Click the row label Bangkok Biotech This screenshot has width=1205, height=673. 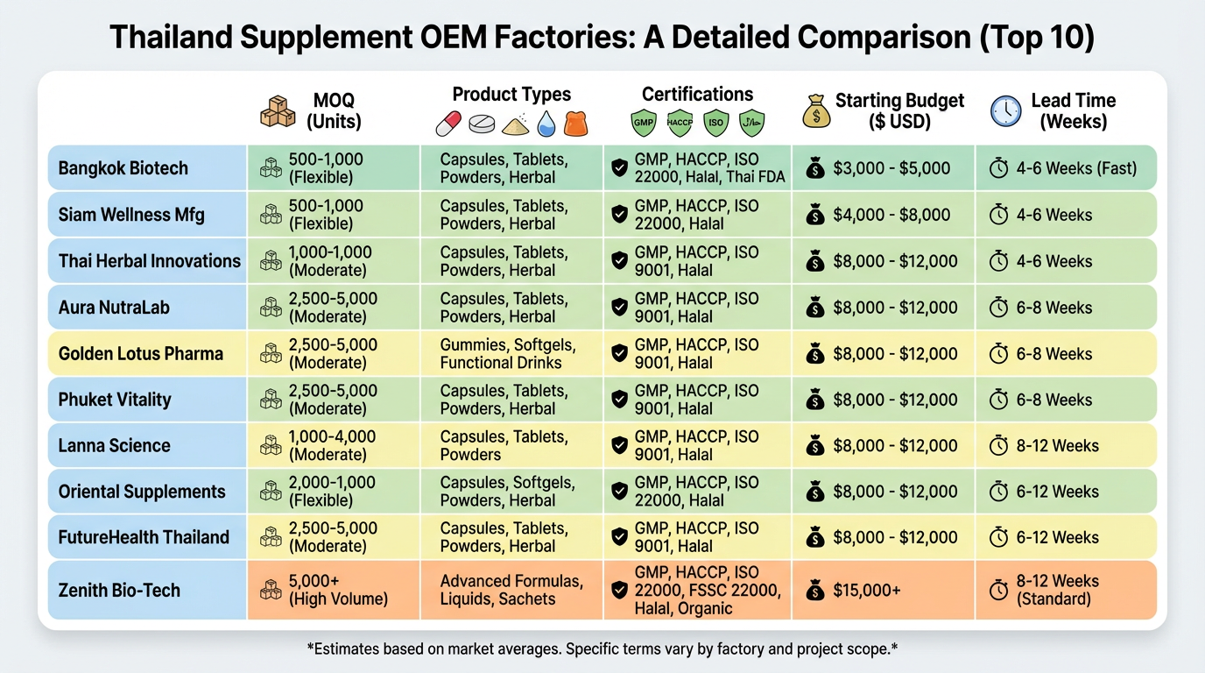point(123,168)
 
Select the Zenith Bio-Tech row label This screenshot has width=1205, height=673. point(119,590)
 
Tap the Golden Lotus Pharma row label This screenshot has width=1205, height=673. point(140,354)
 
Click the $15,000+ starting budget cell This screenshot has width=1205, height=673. point(867,590)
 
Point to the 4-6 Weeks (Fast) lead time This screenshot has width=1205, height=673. point(1076,168)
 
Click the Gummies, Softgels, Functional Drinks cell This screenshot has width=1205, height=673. point(502,354)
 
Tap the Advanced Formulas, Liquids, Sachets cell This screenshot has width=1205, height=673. point(511,590)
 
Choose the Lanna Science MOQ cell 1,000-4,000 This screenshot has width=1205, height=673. point(332,445)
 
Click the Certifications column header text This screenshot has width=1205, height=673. point(697,95)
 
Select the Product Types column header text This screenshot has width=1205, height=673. point(511,95)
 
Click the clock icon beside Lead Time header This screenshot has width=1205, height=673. point(1005,110)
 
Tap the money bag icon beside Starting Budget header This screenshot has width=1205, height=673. point(815,111)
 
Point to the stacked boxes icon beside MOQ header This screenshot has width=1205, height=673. point(278,112)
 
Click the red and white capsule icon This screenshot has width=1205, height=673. point(448,124)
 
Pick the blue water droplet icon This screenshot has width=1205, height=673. point(546,124)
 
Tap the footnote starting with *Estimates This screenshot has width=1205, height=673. point(602,649)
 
